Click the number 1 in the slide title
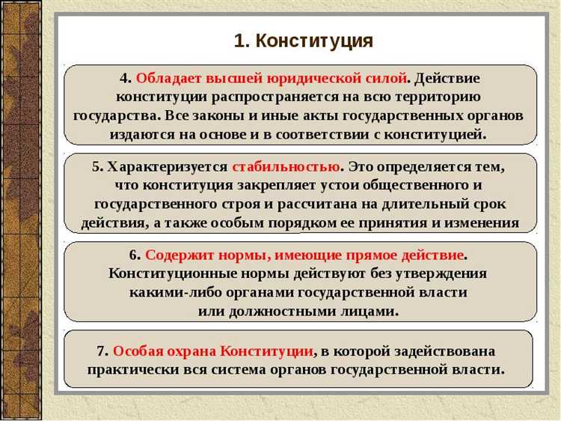coord(239,40)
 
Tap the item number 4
coord(124,79)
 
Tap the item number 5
coord(96,166)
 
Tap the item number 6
coord(135,255)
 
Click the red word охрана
coord(191,351)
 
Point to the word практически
coord(132,369)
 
